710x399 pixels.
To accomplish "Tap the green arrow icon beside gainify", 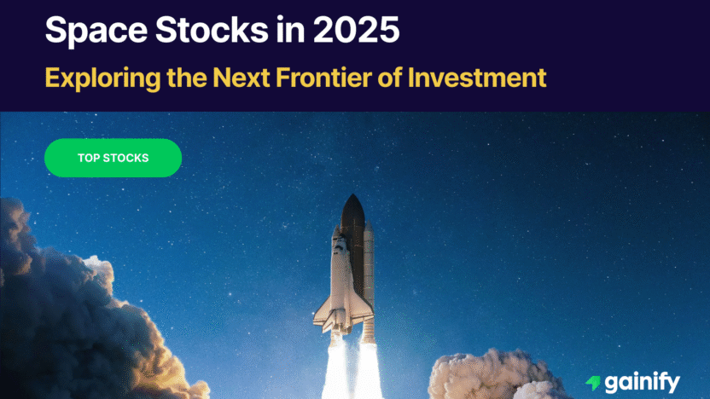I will point(592,383).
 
